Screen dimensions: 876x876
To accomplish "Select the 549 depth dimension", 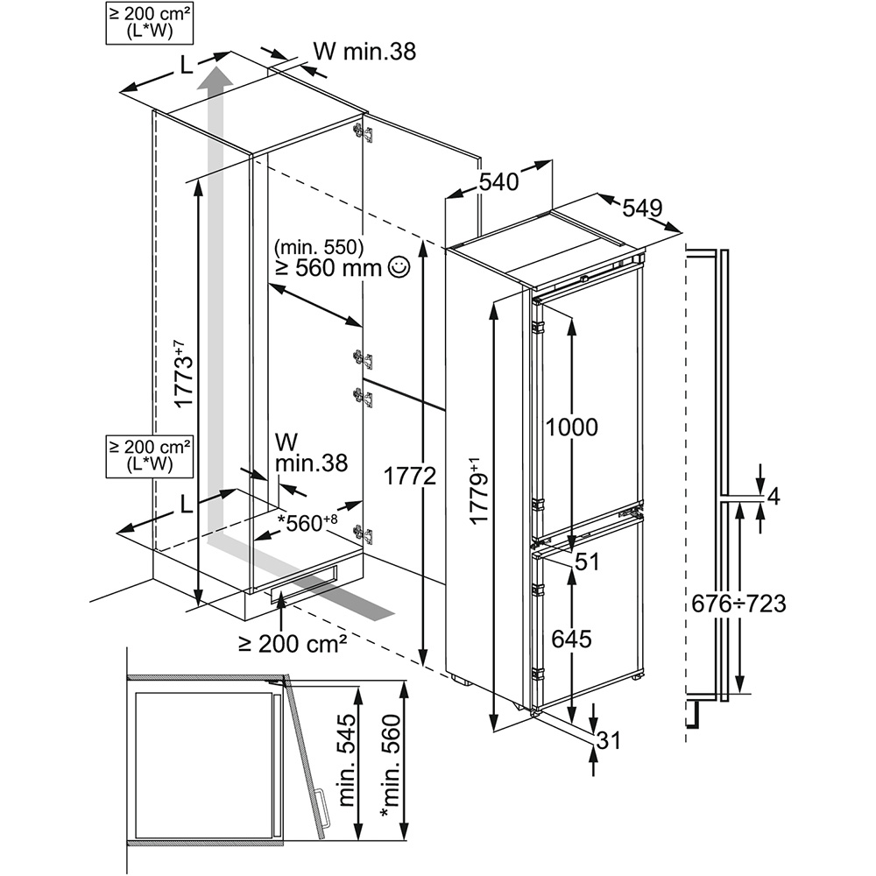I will (x=641, y=208).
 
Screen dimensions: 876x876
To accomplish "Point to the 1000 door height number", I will (x=571, y=427).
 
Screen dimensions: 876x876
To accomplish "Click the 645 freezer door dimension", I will (x=571, y=639).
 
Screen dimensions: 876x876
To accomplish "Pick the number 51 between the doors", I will (x=587, y=562).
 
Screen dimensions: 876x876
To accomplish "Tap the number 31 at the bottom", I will (x=608, y=740).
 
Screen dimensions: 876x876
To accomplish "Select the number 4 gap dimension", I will (x=773, y=497).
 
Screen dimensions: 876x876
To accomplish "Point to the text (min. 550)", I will (x=318, y=246).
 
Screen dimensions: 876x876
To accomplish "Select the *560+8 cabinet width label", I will (x=307, y=523).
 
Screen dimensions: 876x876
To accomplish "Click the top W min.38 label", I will (x=364, y=52).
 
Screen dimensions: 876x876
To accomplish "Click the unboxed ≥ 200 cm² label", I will (x=293, y=644).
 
